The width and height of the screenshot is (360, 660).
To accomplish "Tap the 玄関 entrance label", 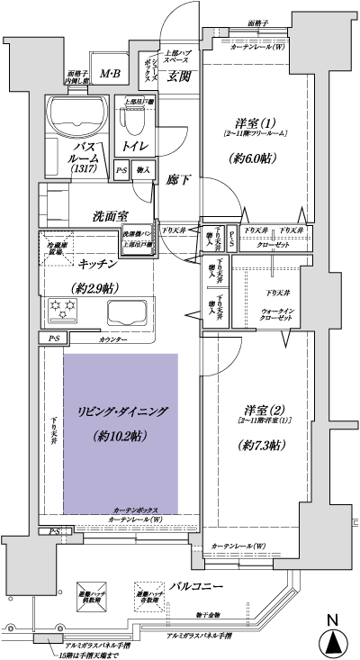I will pyautogui.click(x=177, y=77).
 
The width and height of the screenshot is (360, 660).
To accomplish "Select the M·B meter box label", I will pyautogui.click(x=111, y=73).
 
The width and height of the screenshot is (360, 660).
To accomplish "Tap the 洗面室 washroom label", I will pyautogui.click(x=111, y=216).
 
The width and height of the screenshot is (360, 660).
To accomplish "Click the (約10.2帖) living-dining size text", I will pyautogui.click(x=121, y=436).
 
